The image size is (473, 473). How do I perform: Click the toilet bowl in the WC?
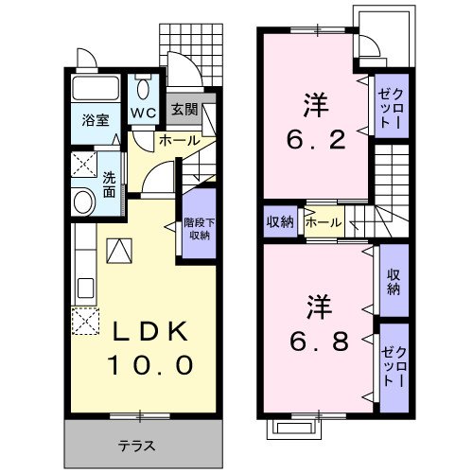pyautogui.click(x=144, y=91)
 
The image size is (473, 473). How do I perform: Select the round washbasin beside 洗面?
pyautogui.click(x=82, y=201)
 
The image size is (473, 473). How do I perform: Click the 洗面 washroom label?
pyautogui.click(x=109, y=184)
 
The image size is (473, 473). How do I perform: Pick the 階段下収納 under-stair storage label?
pyautogui.click(x=199, y=227)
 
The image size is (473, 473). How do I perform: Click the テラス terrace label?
pyautogui.click(x=136, y=446)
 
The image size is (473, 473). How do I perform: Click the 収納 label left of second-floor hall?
pyautogui.click(x=280, y=222)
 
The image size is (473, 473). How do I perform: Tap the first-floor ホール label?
pyautogui.click(x=178, y=140)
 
